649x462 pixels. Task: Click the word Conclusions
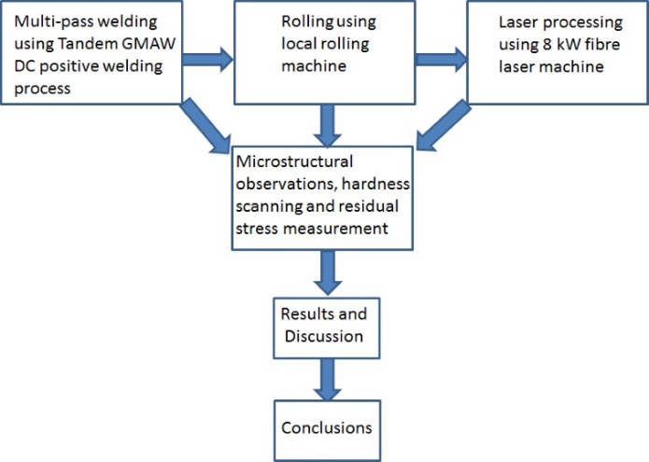tap(326, 427)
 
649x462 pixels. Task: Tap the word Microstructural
tap(298, 161)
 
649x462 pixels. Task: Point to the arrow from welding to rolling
tap(208, 61)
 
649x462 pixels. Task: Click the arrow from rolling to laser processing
tap(441, 61)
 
